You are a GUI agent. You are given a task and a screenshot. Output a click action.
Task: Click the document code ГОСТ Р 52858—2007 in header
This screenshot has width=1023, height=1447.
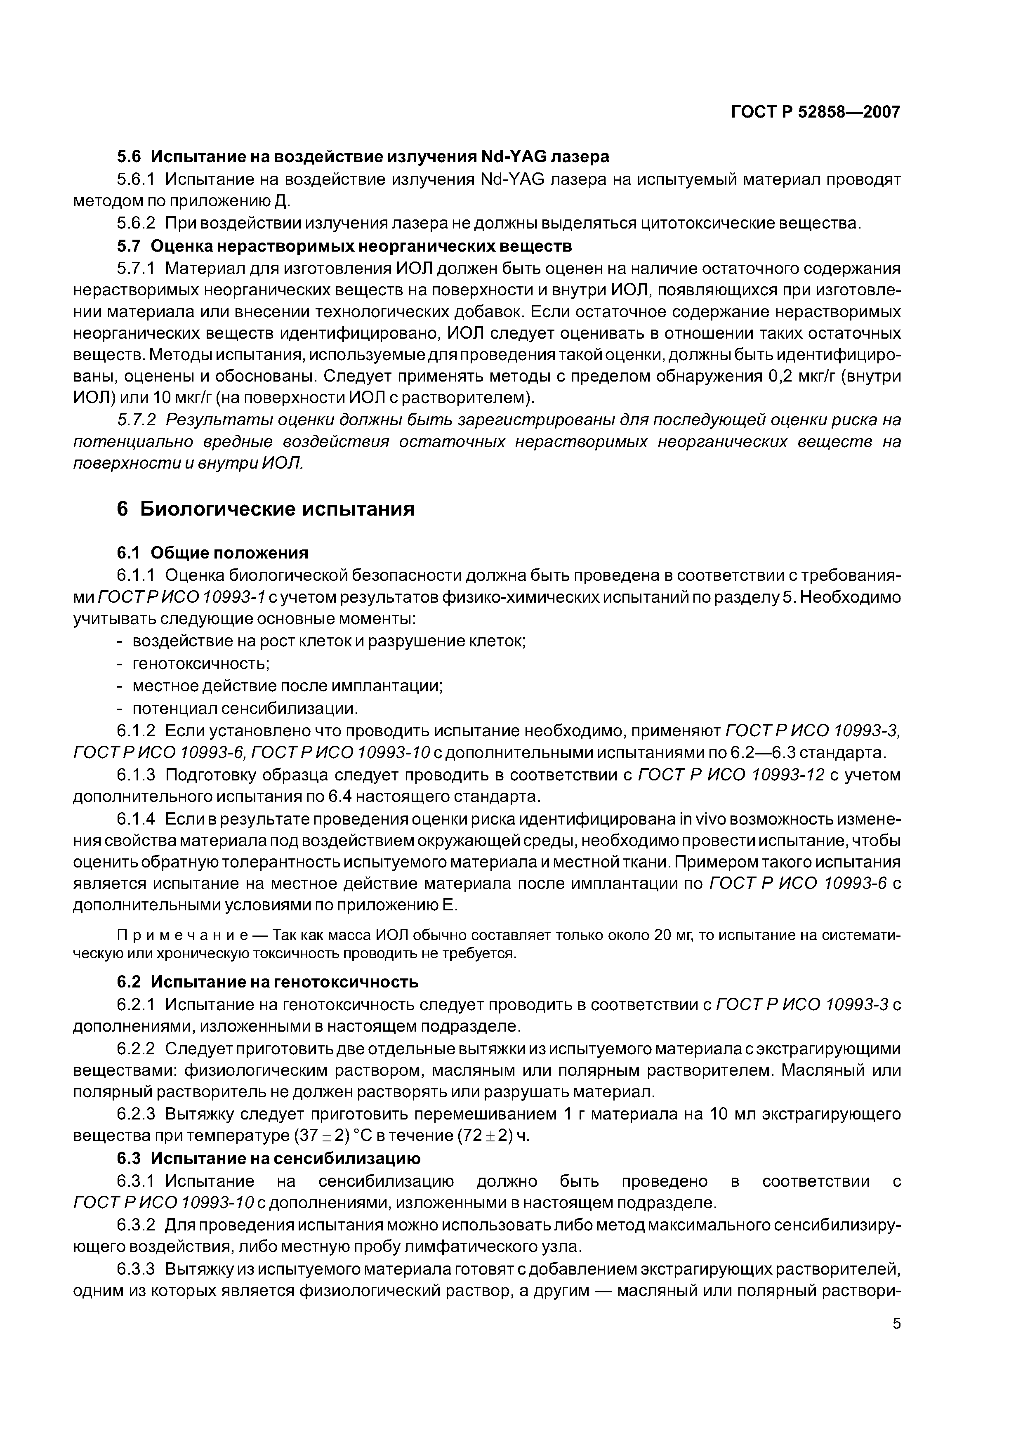815,112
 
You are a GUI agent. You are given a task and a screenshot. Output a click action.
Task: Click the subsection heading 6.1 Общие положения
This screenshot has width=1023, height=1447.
212,553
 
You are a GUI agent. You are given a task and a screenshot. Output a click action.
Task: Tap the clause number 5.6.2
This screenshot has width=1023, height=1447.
136,223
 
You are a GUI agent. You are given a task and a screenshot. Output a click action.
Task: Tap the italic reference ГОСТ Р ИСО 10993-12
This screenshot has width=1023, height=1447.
731,775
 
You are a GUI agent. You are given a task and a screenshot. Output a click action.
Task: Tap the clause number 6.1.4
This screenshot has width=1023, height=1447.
136,819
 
